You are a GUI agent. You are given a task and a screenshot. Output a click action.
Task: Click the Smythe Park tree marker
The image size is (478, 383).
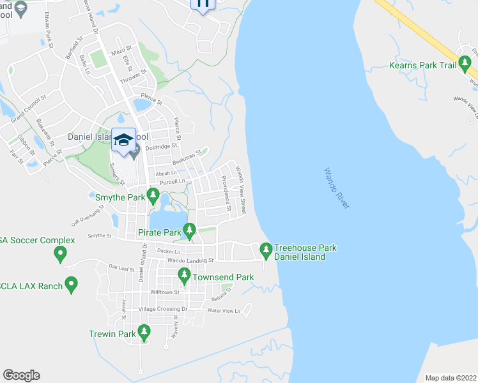[152, 194]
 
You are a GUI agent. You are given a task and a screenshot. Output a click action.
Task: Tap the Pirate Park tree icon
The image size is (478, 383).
[189, 229]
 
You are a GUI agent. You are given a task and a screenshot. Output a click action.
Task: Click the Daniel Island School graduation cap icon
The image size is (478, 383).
[123, 140]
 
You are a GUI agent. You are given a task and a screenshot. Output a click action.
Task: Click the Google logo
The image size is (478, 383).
[21, 375]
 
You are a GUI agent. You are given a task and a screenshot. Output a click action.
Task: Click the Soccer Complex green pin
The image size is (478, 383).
[60, 253]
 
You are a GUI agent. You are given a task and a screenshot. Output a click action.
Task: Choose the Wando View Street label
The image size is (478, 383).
[241, 188]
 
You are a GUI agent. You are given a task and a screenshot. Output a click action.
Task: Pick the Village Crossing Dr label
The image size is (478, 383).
[166, 309]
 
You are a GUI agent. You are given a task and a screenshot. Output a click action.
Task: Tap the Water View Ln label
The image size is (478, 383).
[223, 311]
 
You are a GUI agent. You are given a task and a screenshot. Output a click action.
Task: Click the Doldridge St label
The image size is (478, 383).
[160, 147]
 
